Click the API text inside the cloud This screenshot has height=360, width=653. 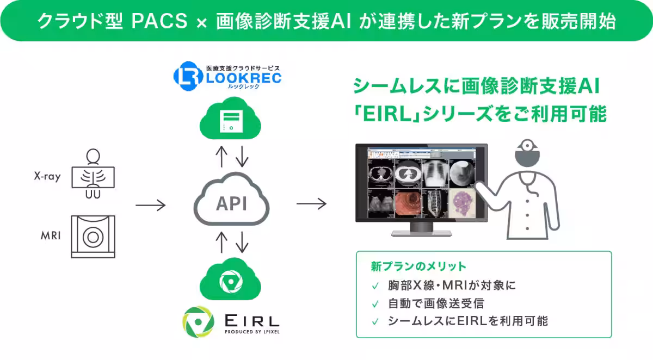[231, 204]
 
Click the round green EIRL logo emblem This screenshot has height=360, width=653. [198, 322]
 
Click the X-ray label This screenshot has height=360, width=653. [46, 177]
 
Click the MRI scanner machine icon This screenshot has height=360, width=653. [93, 237]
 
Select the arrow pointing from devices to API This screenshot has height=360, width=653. [150, 205]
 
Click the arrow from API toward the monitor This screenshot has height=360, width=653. [311, 204]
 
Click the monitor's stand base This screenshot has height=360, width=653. [421, 233]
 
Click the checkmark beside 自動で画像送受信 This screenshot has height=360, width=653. [375, 303]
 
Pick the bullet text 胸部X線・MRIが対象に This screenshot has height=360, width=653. [451, 285]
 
